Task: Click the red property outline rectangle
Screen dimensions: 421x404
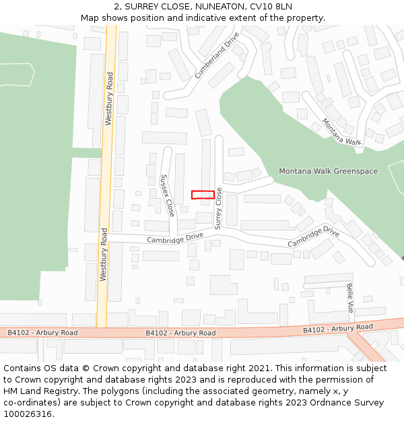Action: pyautogui.click(x=203, y=195)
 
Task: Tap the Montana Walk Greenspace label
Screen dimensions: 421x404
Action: pyautogui.click(x=328, y=171)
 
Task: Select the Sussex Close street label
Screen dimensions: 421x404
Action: pyautogui.click(x=167, y=195)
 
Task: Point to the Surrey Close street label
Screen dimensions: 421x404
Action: pyautogui.click(x=218, y=209)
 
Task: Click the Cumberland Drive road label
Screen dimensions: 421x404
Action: pyautogui.click(x=217, y=56)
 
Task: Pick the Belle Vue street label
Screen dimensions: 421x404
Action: pyautogui.click(x=350, y=298)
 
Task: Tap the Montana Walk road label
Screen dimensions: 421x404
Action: pyautogui.click(x=341, y=132)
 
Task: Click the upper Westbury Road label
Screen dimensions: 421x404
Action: pyautogui.click(x=109, y=100)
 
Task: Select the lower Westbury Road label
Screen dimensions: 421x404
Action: pyautogui.click(x=104, y=254)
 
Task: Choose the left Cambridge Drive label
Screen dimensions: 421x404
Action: pyautogui.click(x=175, y=238)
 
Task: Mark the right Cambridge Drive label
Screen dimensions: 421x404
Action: pyautogui.click(x=313, y=237)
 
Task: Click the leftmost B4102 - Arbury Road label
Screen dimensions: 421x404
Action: pyautogui.click(x=42, y=333)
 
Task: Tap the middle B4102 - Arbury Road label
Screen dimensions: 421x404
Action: pyautogui.click(x=180, y=333)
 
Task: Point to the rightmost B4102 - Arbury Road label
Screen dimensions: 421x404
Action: pyautogui.click(x=337, y=329)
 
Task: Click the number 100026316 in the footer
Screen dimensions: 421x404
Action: pyautogui.click(x=28, y=414)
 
